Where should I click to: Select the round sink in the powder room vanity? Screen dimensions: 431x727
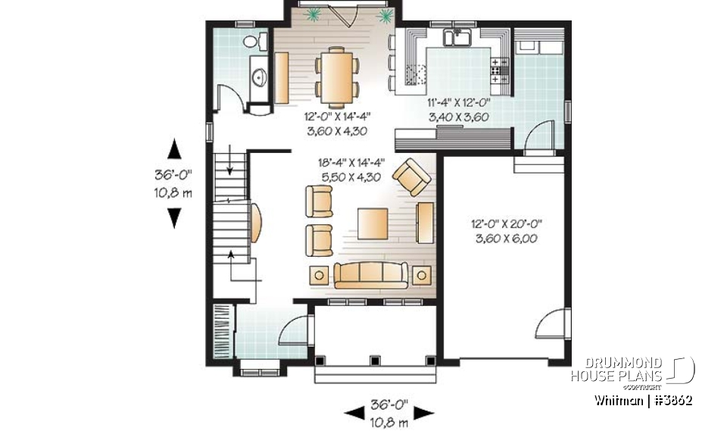(257, 76)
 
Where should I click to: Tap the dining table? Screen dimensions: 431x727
(338, 76)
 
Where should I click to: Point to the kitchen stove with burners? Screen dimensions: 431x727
(499, 69)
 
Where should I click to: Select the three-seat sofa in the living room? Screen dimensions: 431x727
(370, 274)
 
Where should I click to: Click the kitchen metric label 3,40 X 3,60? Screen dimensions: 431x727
(458, 117)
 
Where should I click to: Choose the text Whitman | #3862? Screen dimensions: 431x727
(643, 400)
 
